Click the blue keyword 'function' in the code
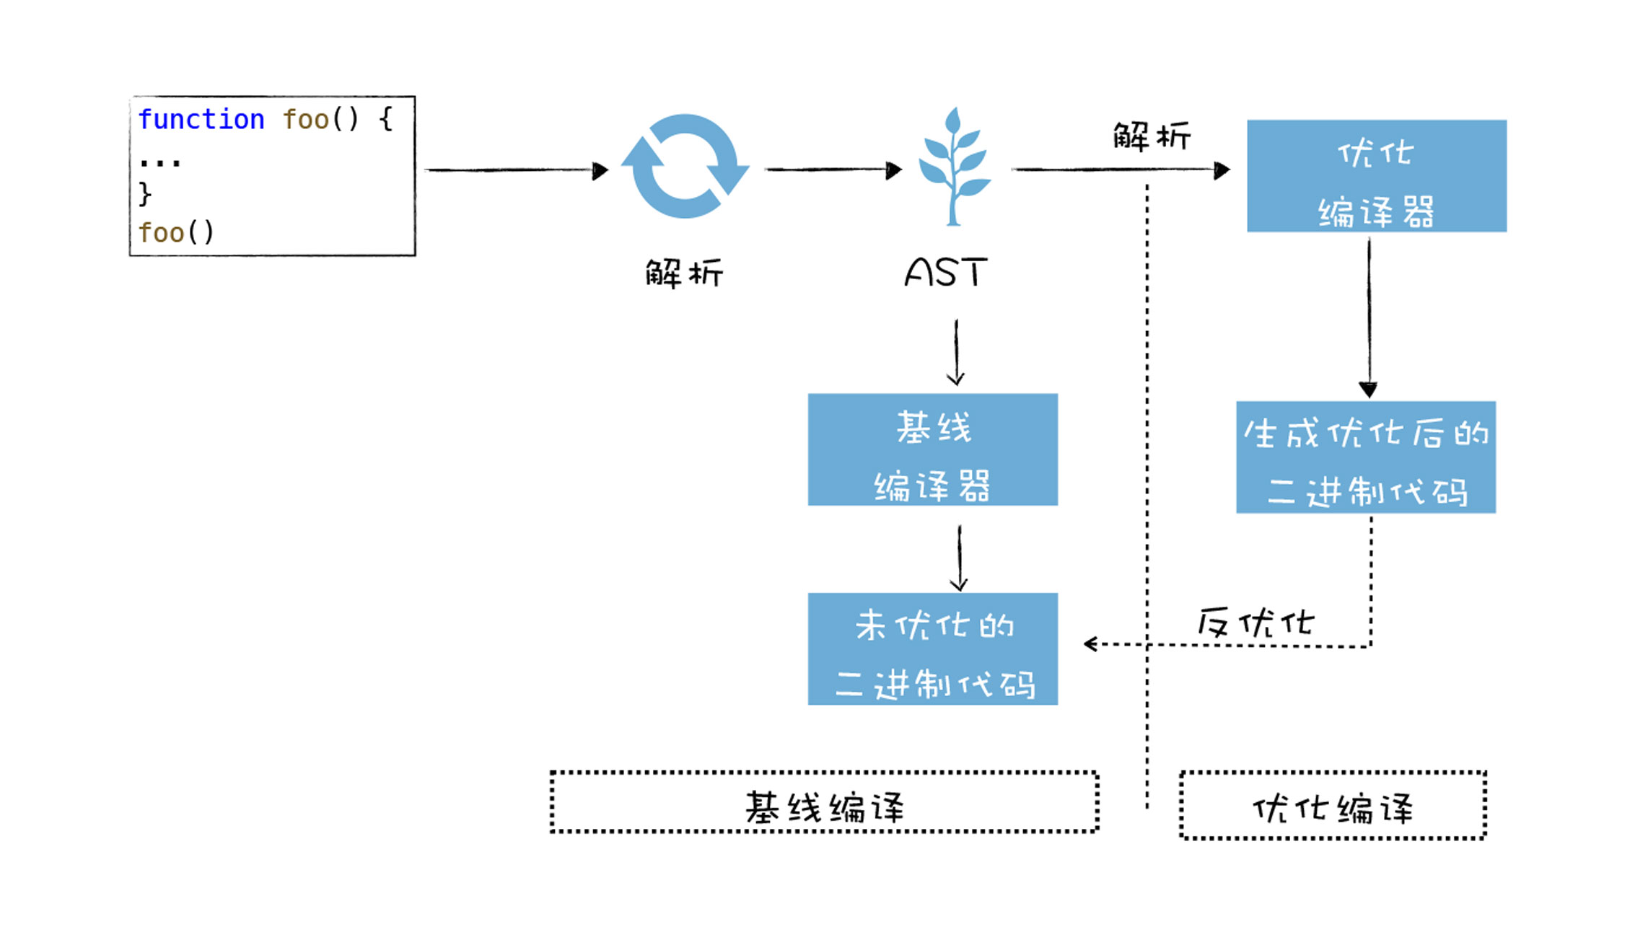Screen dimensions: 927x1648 [x=201, y=120]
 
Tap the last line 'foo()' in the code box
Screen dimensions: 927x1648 [x=176, y=233]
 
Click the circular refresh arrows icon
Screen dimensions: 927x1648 [x=685, y=167]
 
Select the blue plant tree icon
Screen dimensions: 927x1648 [x=954, y=167]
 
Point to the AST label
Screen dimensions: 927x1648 [x=945, y=273]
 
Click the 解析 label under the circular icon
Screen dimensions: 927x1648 [x=684, y=273]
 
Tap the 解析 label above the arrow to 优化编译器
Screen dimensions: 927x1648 [x=1152, y=136]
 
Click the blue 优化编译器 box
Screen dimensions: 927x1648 [x=1376, y=176]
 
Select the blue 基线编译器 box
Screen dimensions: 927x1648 [x=932, y=449]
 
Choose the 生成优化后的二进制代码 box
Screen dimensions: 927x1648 [x=1365, y=457]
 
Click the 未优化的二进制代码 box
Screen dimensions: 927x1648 [x=932, y=649]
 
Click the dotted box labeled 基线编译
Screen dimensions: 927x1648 [x=824, y=802]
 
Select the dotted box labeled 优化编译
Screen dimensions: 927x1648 [x=1333, y=805]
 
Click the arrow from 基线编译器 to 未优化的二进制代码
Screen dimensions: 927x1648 [x=959, y=558]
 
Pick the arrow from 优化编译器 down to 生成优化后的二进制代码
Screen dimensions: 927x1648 [x=1369, y=317]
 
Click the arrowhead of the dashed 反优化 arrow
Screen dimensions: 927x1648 [x=1090, y=643]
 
